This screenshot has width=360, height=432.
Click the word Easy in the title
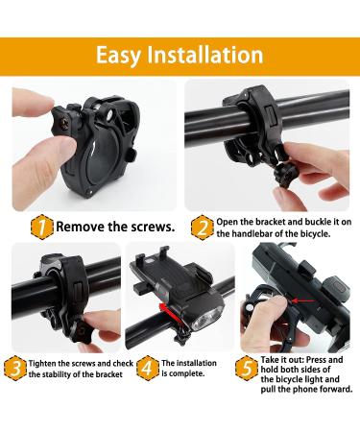122,55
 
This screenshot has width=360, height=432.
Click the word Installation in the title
206,55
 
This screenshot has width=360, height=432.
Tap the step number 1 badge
41,228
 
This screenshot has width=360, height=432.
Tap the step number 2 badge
202,228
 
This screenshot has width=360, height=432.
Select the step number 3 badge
16,367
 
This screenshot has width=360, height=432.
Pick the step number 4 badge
145,367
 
